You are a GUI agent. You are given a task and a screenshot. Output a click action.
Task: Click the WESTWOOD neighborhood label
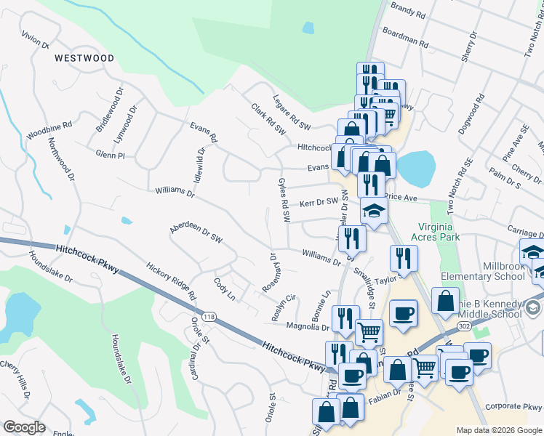tap(84, 57)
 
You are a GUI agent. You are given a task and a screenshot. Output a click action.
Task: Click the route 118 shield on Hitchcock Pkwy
tap(210, 316)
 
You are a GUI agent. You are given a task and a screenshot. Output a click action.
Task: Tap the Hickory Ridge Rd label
tap(171, 282)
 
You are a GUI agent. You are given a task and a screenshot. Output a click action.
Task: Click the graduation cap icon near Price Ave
tap(375, 211)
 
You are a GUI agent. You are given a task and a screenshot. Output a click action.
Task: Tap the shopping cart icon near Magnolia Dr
tap(369, 332)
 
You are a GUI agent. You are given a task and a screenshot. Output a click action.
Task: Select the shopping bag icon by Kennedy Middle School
tap(445, 299)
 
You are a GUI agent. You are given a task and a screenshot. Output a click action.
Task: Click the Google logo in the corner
tap(24, 427)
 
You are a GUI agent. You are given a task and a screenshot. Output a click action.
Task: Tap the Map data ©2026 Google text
tap(498, 430)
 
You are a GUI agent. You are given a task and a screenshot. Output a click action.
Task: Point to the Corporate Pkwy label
tap(513, 408)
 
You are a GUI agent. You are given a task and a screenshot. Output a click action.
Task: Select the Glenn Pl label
tap(111, 155)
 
